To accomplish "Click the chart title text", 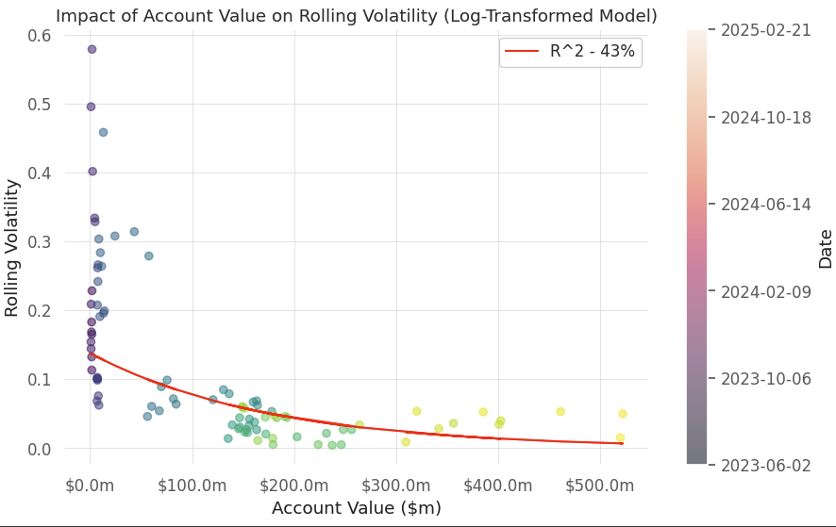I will (x=356, y=16).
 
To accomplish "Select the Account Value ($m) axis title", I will (x=356, y=508).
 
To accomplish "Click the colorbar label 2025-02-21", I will (x=766, y=31).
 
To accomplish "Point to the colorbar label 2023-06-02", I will (x=766, y=465).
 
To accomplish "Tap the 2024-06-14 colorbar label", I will (x=766, y=205).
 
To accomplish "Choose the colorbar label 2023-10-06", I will (x=766, y=378).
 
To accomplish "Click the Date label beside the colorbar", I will (x=825, y=248).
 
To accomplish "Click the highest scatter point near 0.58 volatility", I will (x=92, y=49).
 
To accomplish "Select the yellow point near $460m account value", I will (x=560, y=412).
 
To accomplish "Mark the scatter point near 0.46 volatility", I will (x=103, y=132).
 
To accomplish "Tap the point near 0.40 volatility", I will (x=92, y=172).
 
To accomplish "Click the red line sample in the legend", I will (x=523, y=52).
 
